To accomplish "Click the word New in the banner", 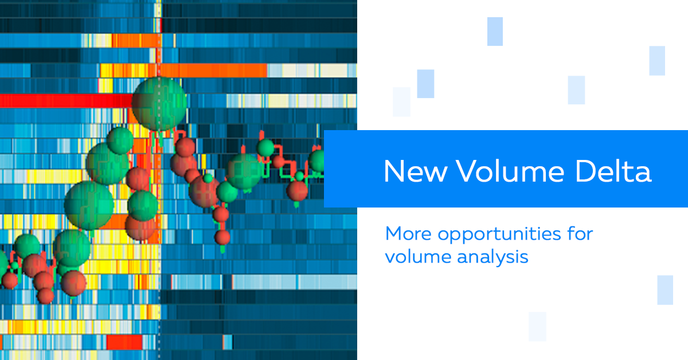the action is [415, 171].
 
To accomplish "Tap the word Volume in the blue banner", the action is [510, 171].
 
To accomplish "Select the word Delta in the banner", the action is [613, 171].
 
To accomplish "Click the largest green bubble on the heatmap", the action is [159, 104].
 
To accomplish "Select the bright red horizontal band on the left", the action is [66, 101].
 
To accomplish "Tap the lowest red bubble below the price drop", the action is [222, 237].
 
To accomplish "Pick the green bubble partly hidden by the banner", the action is [316, 161].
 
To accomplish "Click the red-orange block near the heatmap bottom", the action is [124, 342].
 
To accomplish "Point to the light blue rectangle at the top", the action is [495, 32].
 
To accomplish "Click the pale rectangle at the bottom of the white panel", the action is [538, 327].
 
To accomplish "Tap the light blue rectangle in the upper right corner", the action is [657, 61].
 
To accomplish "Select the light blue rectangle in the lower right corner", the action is [665, 290].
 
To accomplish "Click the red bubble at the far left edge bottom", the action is [10, 280].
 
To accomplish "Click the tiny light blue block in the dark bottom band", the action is [227, 342].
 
